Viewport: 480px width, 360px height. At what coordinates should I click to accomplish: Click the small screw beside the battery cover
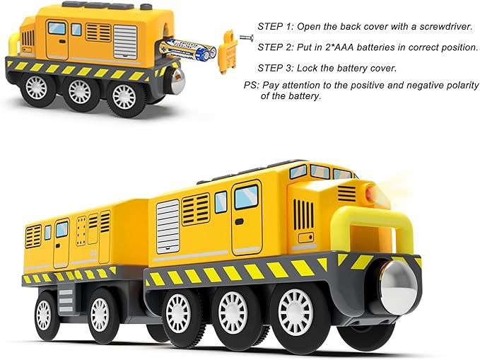[247, 37]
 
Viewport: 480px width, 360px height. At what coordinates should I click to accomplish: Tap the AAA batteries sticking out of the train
[188, 49]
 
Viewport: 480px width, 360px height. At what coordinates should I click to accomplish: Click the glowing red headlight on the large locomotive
[370, 192]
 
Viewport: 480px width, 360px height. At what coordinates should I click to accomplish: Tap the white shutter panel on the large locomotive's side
[168, 227]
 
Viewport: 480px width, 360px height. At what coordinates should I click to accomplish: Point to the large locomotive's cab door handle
[239, 221]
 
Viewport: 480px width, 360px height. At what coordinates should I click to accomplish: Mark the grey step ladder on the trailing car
[66, 301]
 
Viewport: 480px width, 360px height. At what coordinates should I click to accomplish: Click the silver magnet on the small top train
[177, 81]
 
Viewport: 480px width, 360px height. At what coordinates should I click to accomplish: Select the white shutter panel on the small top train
[125, 41]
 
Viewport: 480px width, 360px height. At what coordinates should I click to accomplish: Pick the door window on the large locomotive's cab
[246, 197]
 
